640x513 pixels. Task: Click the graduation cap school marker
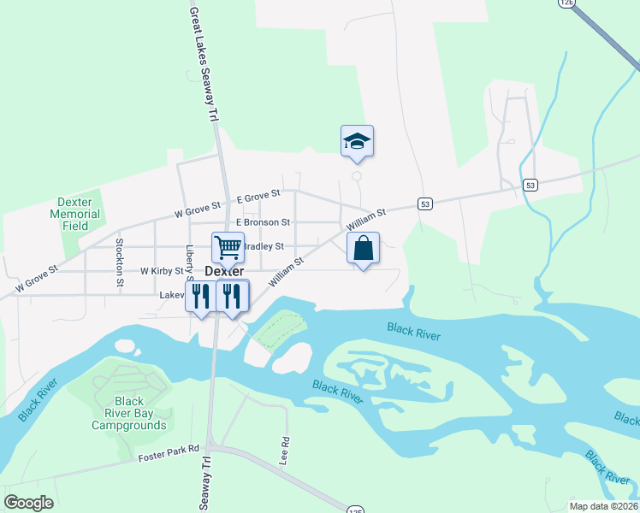(x=358, y=141)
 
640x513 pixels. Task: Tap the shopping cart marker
(x=228, y=248)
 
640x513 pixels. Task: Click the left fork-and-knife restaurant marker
(x=200, y=296)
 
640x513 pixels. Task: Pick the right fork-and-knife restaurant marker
(x=232, y=296)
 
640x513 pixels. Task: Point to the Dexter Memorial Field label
(x=75, y=215)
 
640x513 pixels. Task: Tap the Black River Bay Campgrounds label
(x=128, y=413)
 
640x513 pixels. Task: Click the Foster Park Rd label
(x=169, y=448)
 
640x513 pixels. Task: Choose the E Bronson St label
(x=263, y=222)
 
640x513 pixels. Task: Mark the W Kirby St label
(x=163, y=270)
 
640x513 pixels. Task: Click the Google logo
(x=29, y=503)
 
